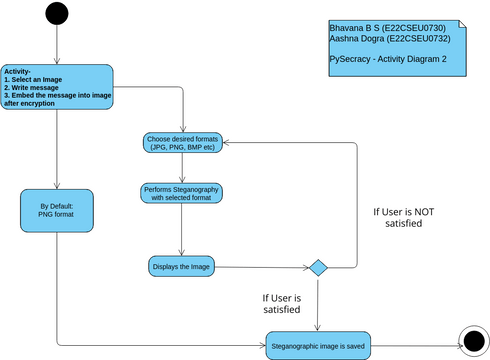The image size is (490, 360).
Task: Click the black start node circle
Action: coord(57,14)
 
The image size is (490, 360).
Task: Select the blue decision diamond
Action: coord(318,268)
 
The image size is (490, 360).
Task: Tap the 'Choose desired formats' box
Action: coord(181,142)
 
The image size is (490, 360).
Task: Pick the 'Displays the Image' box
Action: coord(181,267)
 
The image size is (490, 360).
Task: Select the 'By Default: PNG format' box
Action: coord(57,212)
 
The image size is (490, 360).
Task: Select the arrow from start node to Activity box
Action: coord(57,45)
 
